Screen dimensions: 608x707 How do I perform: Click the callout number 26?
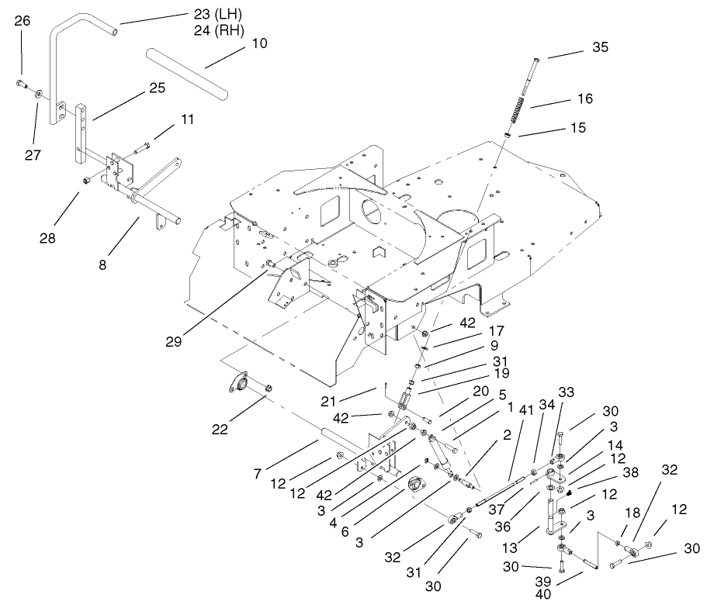[x=23, y=21]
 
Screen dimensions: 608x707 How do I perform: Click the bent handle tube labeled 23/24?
[x=57, y=62]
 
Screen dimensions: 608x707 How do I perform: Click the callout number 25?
[x=157, y=88]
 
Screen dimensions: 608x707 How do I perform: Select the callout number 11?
[x=188, y=120]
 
